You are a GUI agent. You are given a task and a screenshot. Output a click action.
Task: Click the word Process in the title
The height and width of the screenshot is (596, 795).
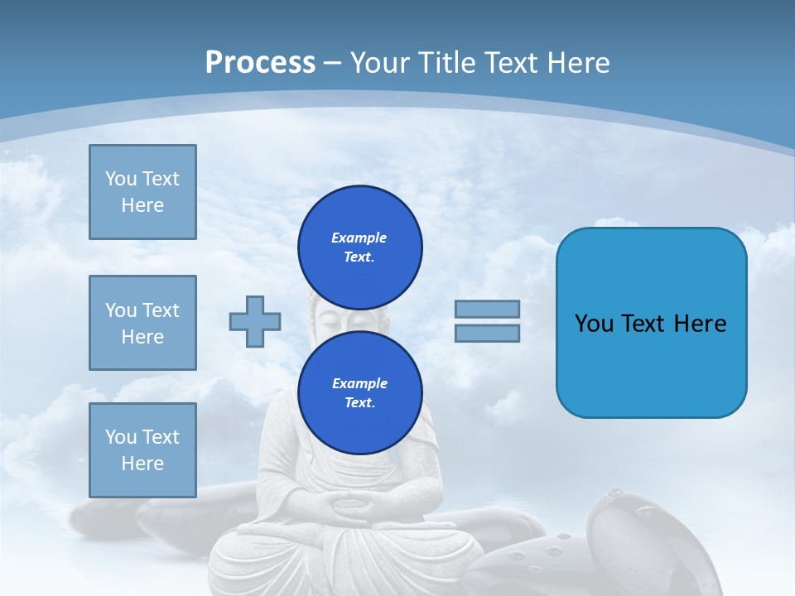point(260,63)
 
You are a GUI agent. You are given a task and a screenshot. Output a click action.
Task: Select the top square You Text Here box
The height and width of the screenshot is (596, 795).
point(142,192)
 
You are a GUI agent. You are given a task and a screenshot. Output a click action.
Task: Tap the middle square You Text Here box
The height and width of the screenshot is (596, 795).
point(142,323)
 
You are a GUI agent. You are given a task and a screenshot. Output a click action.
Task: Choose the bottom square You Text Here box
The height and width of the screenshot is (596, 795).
point(142,450)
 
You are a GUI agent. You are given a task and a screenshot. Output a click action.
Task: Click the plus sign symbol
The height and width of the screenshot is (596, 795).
point(255,321)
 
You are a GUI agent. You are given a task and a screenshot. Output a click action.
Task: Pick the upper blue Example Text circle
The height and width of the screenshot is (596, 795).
point(360,247)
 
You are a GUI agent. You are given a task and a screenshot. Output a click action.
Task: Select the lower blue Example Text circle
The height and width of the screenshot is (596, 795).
point(360,392)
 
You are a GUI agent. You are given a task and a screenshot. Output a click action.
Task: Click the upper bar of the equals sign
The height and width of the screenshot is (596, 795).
point(487,309)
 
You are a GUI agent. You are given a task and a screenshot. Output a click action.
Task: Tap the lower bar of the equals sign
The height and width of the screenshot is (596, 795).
point(487,334)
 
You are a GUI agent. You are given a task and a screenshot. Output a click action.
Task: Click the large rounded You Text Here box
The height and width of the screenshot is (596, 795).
point(651,323)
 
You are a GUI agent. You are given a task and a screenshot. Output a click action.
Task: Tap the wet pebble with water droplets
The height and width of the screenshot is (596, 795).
point(547,555)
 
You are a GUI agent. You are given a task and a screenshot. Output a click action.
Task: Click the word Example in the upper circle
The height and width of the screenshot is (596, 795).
point(359,238)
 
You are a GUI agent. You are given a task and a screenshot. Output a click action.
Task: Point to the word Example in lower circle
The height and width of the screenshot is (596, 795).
point(359,383)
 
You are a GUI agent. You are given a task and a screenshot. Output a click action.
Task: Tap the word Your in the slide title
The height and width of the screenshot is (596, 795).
point(380,63)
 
